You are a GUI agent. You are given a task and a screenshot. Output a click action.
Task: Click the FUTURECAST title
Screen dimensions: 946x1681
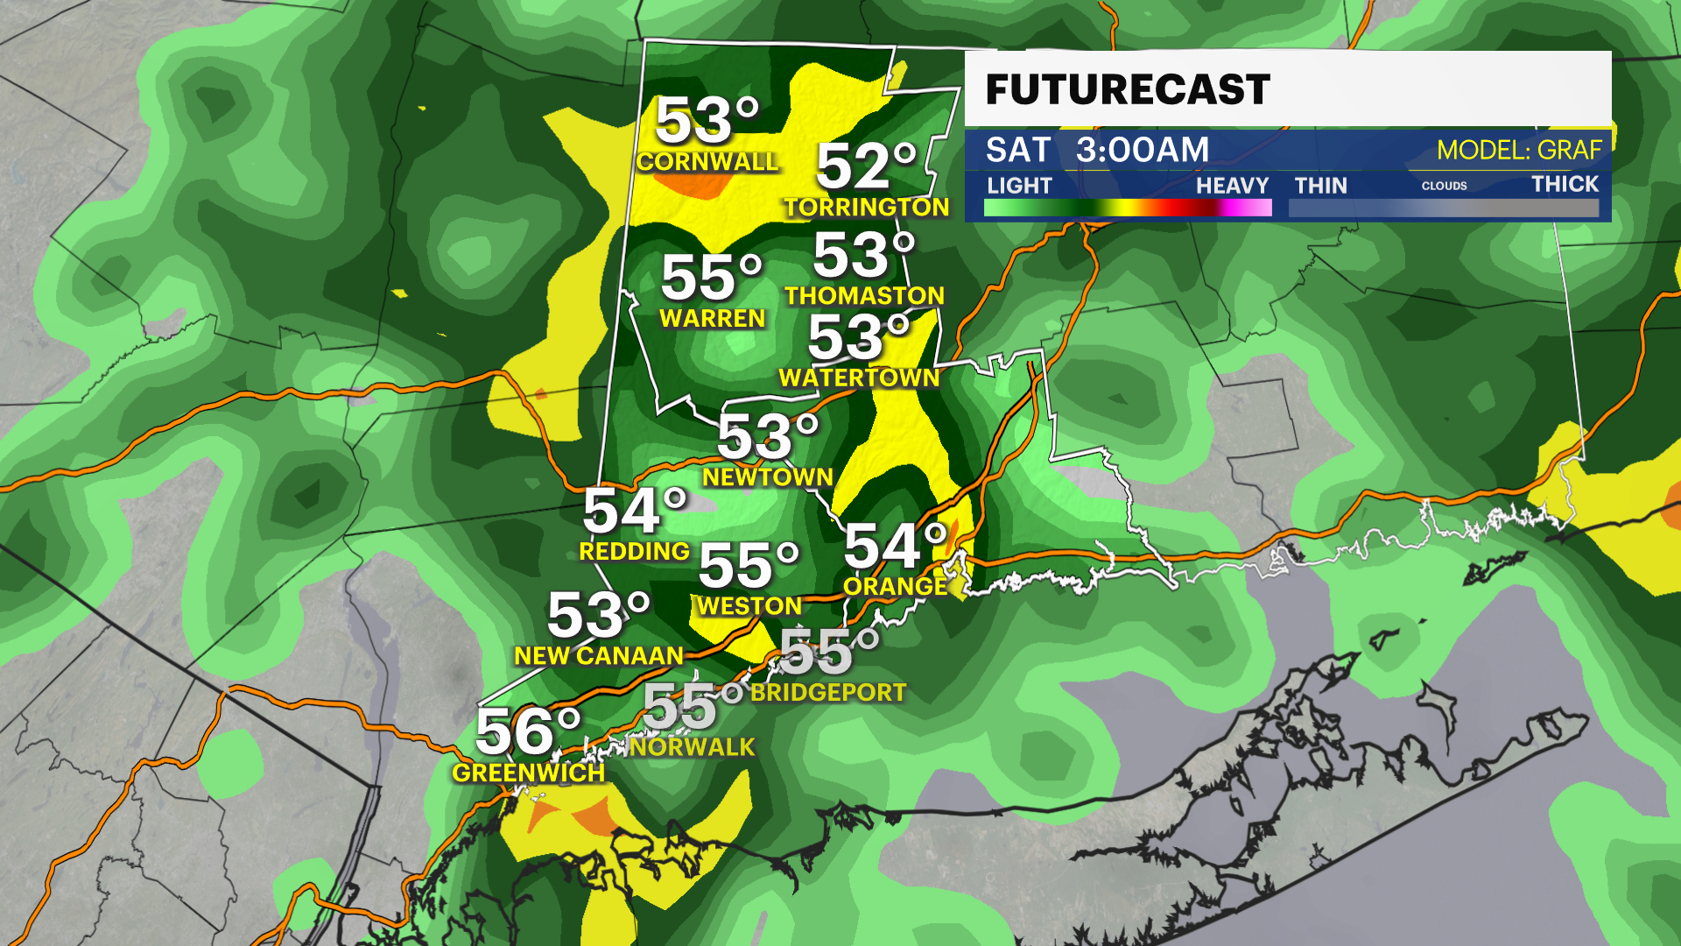(x=1128, y=90)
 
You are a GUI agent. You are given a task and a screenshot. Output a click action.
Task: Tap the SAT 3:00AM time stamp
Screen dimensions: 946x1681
(x=1097, y=150)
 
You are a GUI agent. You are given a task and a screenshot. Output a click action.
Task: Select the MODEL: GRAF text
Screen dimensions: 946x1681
(x=1519, y=151)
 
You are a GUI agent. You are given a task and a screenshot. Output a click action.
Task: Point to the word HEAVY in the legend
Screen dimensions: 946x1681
(x=1232, y=186)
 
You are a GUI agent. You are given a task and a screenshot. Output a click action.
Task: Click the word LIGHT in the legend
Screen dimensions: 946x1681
(x=1019, y=186)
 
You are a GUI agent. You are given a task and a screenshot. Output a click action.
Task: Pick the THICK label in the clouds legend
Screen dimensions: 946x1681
(x=1565, y=184)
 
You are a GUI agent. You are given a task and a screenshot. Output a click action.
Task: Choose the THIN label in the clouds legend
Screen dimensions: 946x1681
(x=1320, y=186)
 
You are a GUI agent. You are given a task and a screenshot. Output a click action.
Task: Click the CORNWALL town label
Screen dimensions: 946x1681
(x=707, y=162)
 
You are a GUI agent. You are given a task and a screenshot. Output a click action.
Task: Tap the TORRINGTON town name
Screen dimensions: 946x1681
(x=866, y=208)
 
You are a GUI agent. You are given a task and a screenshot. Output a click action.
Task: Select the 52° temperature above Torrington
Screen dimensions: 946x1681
(x=866, y=166)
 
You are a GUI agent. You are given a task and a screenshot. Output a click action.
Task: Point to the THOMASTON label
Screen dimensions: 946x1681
(x=864, y=296)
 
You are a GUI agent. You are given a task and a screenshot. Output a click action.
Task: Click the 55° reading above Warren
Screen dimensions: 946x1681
(x=712, y=278)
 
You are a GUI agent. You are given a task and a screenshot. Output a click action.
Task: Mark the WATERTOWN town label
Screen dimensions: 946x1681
(x=859, y=378)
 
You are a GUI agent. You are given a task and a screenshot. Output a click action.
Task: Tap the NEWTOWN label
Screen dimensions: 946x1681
(x=768, y=477)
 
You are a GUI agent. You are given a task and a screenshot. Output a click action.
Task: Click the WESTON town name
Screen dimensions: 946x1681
(x=749, y=606)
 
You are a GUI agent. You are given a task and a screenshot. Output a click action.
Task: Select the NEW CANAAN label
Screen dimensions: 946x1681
(x=599, y=656)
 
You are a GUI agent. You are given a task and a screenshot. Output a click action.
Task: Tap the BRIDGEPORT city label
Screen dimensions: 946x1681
(x=828, y=693)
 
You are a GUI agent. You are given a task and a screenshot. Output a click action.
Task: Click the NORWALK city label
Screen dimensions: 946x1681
(x=692, y=747)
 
